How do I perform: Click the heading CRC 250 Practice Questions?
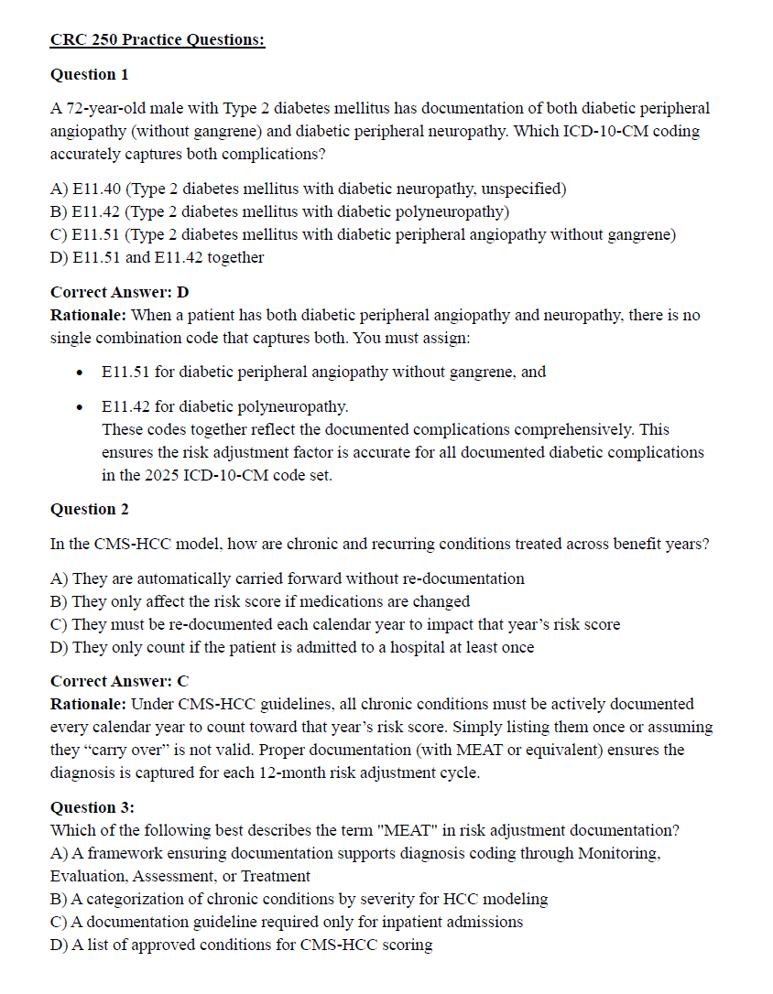pos(158,39)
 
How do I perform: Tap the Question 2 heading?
pos(90,509)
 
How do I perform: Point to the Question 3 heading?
pos(93,807)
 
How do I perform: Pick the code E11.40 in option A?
pos(95,189)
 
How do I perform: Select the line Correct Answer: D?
pos(120,292)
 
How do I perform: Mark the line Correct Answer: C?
pos(120,681)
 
